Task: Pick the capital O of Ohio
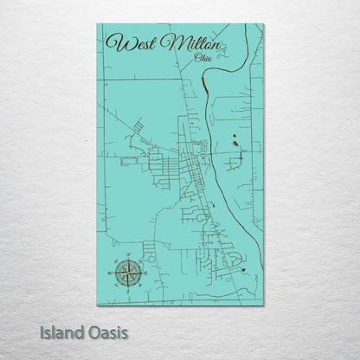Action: pos(198,58)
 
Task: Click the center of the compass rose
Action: pos(130,273)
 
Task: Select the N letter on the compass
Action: pos(130,257)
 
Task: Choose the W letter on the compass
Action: pos(112,273)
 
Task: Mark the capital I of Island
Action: pos(41,331)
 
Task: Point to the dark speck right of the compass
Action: pos(245,271)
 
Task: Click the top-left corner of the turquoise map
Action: pos(98,24)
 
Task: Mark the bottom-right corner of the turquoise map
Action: pos(263,304)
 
